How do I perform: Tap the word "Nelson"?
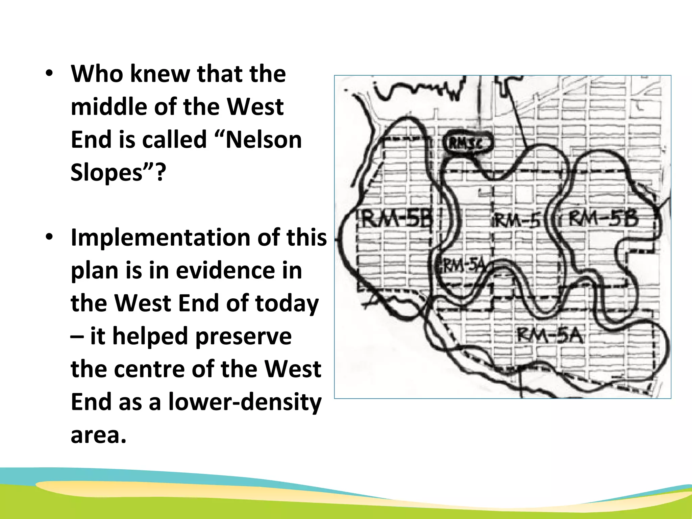point(263,140)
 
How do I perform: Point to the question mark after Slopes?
point(161,173)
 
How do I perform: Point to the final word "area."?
point(98,435)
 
